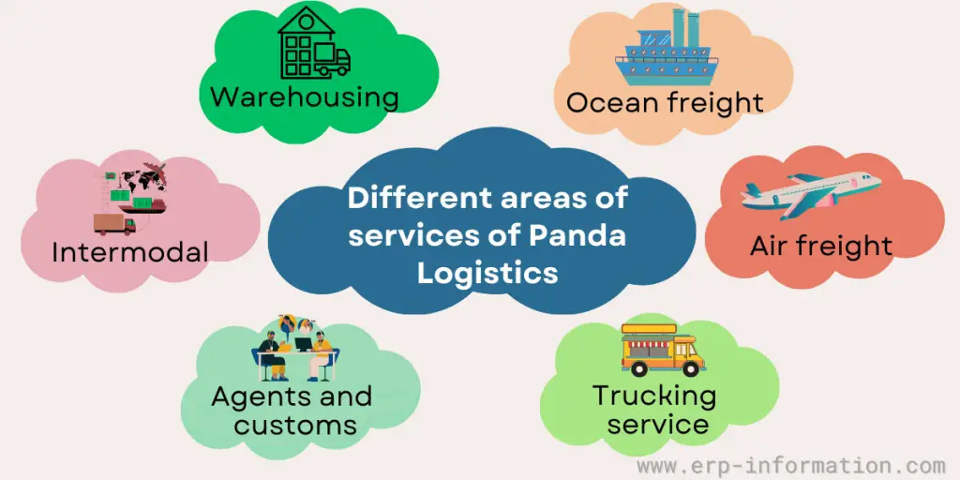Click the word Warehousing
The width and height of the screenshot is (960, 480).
coord(304,97)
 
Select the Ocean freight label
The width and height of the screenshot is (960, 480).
coord(665,101)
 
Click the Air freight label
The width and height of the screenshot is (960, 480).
coord(820,246)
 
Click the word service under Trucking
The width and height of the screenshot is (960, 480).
coord(657,424)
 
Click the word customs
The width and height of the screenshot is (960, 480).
coord(295,425)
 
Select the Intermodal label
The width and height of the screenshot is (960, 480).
coord(130,251)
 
